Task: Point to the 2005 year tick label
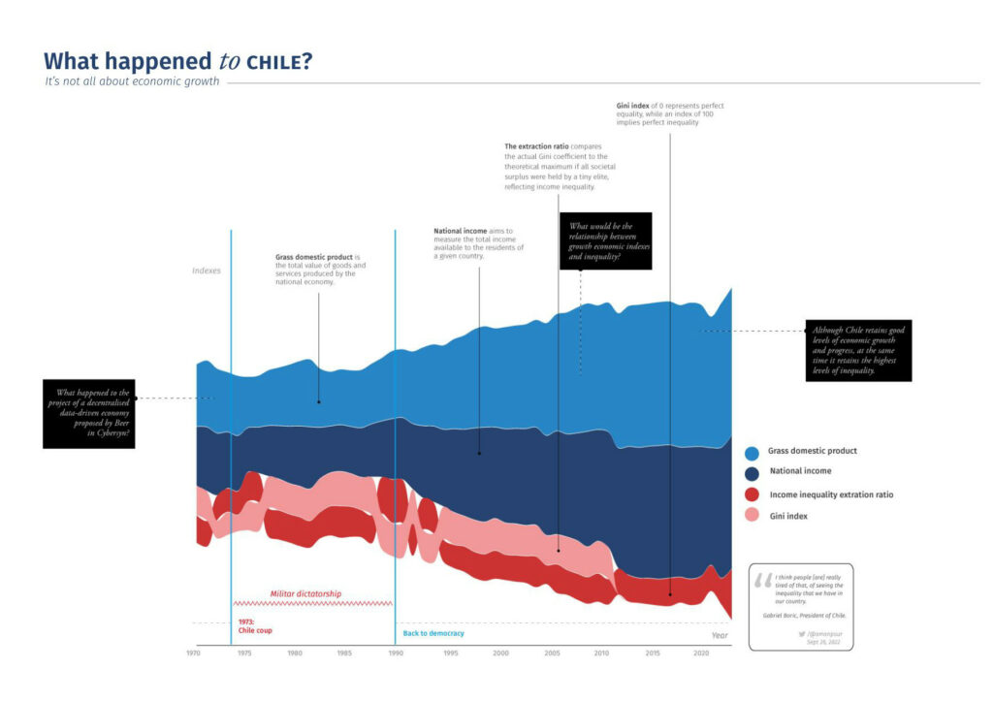[x=552, y=653]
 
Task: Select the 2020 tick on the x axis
[x=701, y=653]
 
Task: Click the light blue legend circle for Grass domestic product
[x=752, y=453]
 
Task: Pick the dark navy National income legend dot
[x=752, y=474]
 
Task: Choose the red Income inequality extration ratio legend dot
[x=752, y=495]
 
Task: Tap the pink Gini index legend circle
[x=752, y=517]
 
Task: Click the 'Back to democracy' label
[x=433, y=633]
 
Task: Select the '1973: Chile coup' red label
[x=255, y=625]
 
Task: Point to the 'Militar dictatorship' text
[x=305, y=593]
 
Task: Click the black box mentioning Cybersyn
[x=88, y=413]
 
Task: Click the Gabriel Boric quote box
[x=801, y=606]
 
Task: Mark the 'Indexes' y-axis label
[x=207, y=271]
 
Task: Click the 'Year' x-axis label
[x=720, y=635]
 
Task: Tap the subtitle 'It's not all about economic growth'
[x=132, y=81]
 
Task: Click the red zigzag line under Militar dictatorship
[x=312, y=603]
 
